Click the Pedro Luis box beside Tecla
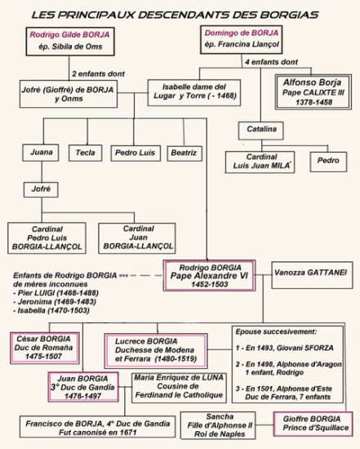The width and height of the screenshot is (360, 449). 134,152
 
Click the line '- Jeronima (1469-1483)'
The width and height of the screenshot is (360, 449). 46,299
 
